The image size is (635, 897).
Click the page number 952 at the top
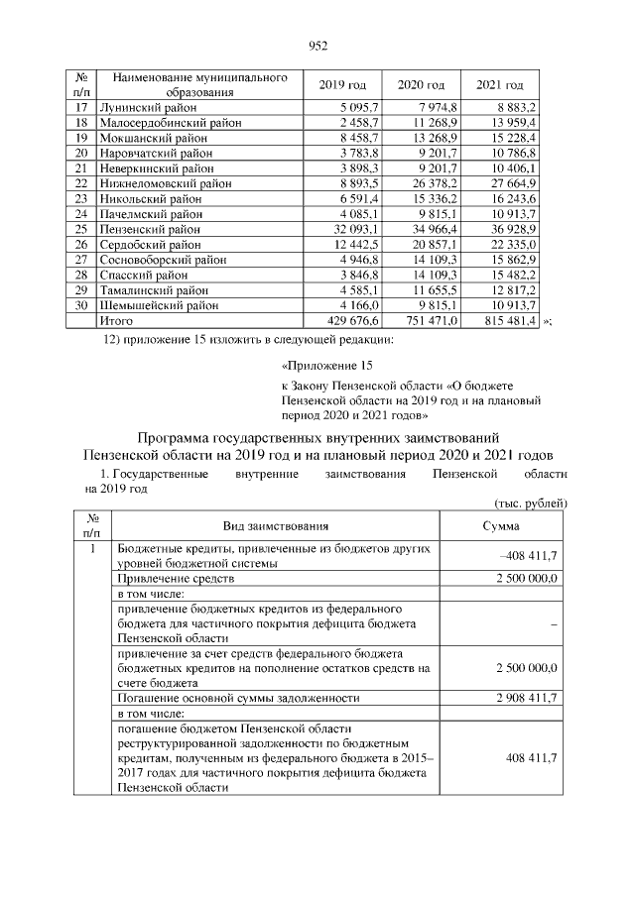(317, 45)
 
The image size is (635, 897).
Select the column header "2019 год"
(341, 85)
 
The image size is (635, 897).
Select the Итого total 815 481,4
(509, 322)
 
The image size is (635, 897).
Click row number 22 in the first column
(82, 183)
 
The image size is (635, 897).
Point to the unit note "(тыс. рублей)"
(531, 504)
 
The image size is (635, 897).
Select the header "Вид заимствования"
(279, 526)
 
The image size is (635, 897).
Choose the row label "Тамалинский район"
(154, 291)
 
